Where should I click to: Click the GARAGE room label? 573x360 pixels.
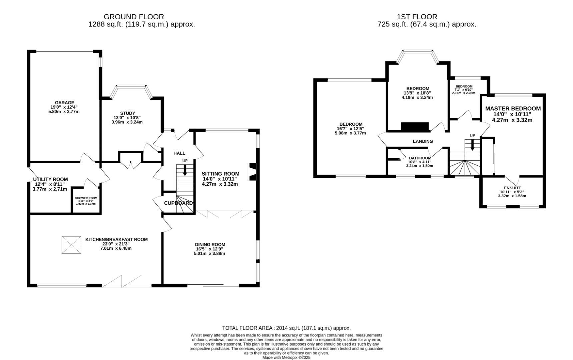point(64,103)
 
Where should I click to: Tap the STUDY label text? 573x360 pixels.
point(127,113)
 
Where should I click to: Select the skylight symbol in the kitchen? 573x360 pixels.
point(71,245)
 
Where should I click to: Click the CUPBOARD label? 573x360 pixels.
point(178,203)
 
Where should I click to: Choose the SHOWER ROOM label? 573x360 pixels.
point(86,198)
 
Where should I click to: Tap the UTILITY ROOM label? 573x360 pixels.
point(50,179)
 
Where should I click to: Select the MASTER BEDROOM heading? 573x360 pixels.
point(513,109)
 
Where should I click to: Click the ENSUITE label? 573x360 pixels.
point(512,188)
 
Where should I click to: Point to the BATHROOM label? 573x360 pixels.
point(420,158)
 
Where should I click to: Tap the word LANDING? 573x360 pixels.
point(423,141)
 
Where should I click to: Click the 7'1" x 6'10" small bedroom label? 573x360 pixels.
point(464,90)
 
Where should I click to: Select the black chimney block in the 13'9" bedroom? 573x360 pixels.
point(415,127)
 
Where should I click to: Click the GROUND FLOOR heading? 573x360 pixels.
point(134,17)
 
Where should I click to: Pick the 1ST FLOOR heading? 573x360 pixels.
point(417,17)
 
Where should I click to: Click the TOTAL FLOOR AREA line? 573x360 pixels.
point(286,328)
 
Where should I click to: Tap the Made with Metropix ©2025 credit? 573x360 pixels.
point(286,357)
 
